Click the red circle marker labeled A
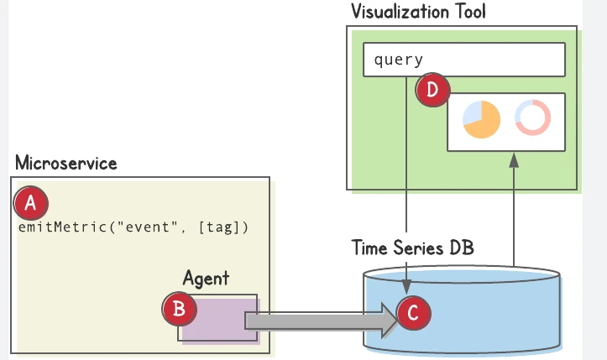pos(30,203)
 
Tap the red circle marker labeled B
pos(179,309)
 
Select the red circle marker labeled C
pos(413,313)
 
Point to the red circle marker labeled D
pos(432,90)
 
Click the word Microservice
pos(65,163)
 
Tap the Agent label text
pos(206,278)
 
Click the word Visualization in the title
pos(400,11)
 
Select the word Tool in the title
pos(471,11)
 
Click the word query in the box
pos(398,60)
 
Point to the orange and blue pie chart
pos(481,119)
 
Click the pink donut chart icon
pos(532,117)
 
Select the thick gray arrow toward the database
pos(322,321)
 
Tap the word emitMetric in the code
pos(63,227)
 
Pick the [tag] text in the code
pos(219,227)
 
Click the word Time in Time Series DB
pos(369,248)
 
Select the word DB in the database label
pos(462,248)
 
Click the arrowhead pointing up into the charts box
pos(514,160)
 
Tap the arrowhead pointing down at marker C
pos(406,286)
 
